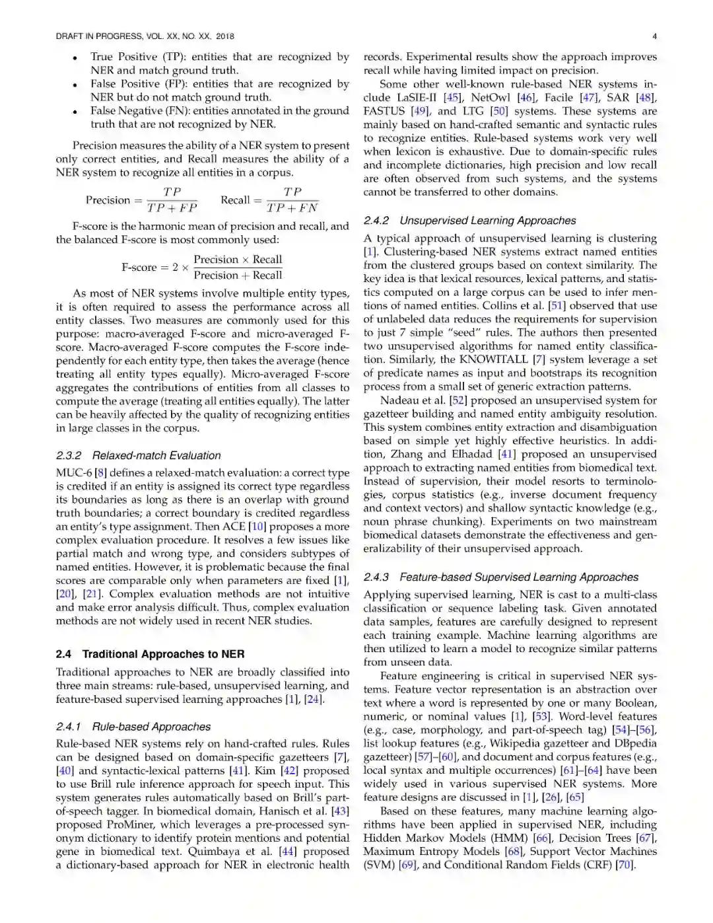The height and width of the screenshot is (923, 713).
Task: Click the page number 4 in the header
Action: pyautogui.click(x=654, y=36)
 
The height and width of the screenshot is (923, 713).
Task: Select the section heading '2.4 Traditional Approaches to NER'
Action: pyautogui.click(x=150, y=654)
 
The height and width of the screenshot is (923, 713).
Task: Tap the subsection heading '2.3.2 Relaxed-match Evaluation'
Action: pyautogui.click(x=138, y=455)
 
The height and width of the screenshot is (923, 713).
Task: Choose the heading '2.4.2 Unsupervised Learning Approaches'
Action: pyautogui.click(x=469, y=221)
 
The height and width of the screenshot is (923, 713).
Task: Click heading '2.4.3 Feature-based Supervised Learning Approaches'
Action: pyautogui.click(x=500, y=577)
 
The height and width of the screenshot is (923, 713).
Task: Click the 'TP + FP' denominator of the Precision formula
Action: pyautogui.click(x=172, y=208)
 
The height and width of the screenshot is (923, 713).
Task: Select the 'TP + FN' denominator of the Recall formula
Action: pyautogui.click(x=292, y=208)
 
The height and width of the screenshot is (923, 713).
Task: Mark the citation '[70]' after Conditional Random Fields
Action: pyautogui.click(x=624, y=865)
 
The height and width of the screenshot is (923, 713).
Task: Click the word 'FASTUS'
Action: pyautogui.click(x=384, y=111)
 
